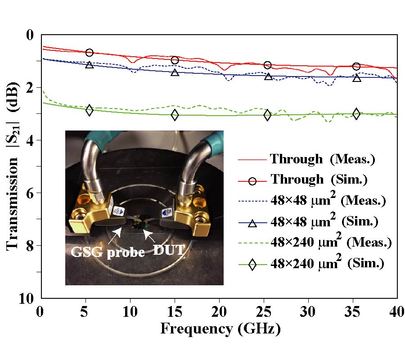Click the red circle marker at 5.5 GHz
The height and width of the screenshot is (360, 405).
(89, 53)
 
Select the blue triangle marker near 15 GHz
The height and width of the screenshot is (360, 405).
(175, 72)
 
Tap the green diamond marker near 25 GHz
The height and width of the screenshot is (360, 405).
(267, 115)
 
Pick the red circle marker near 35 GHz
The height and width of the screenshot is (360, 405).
(356, 67)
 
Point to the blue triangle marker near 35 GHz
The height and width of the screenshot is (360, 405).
(357, 78)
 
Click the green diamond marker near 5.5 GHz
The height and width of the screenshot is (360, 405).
(89, 110)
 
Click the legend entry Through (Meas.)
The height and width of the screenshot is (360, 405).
(322, 159)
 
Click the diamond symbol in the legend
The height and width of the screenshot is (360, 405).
(252, 265)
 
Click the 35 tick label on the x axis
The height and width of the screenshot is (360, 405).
(353, 310)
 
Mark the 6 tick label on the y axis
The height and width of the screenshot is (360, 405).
(32, 193)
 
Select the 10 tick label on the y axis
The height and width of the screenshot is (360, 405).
(28, 298)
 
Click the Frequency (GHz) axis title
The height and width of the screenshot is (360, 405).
(220, 329)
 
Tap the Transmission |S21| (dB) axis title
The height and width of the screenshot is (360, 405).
(13, 165)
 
